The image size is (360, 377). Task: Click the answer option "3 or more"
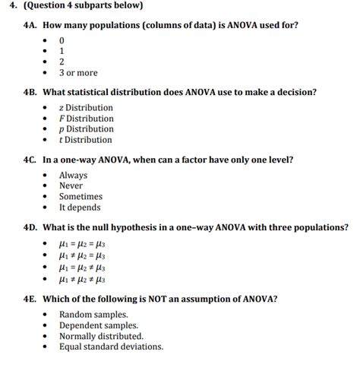click(x=78, y=73)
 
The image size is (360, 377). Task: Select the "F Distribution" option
click(x=87, y=119)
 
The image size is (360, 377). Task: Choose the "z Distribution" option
click(x=86, y=108)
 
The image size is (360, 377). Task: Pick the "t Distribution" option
click(x=86, y=140)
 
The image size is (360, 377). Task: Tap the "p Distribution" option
click(x=87, y=129)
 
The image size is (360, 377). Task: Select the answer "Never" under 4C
click(x=71, y=186)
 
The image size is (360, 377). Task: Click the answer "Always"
click(x=73, y=176)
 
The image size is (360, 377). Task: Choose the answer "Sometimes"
click(x=81, y=197)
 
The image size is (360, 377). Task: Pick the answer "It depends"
click(x=80, y=208)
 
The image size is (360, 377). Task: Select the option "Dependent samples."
click(x=99, y=325)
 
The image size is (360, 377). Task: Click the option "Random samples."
click(x=93, y=315)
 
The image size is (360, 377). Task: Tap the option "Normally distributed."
click(x=101, y=336)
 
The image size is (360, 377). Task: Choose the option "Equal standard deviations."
click(x=111, y=347)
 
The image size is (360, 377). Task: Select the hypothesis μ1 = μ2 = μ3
click(x=82, y=245)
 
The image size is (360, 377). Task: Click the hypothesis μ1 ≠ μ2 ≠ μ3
click(x=82, y=279)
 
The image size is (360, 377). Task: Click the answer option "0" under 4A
click(x=62, y=40)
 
